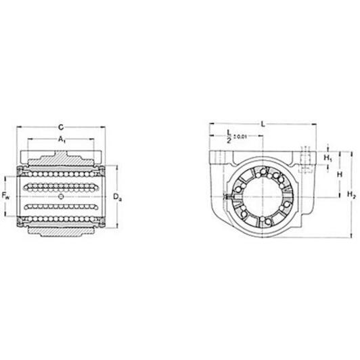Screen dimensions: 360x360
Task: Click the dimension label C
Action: tap(61, 127)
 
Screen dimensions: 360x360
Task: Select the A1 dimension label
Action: tap(62, 139)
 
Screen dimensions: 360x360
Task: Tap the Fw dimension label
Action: tap(5, 196)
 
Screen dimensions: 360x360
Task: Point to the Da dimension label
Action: tap(117, 197)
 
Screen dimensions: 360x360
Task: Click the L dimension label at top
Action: tap(263, 125)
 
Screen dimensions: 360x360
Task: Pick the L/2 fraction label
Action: tap(229, 137)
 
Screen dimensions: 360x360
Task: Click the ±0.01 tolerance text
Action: tap(240, 137)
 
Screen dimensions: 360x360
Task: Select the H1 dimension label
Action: tap(328, 158)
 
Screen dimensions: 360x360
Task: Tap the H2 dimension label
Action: tap(351, 195)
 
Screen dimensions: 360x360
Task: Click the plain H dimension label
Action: tap(340, 175)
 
